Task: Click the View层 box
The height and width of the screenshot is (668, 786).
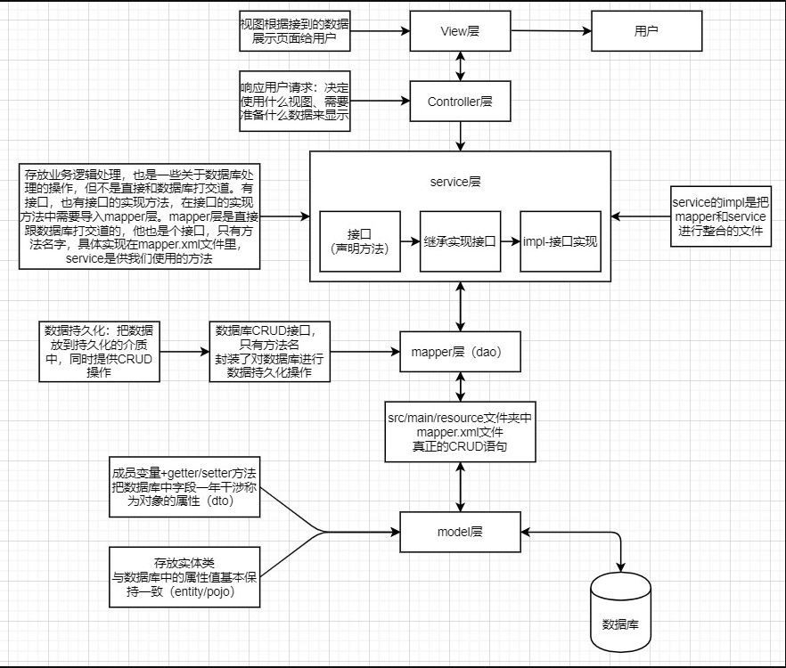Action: (x=460, y=31)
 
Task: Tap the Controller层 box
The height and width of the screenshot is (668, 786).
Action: (x=460, y=102)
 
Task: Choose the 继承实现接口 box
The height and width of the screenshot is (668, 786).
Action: (x=459, y=241)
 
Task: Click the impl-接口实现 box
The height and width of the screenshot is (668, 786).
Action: (x=561, y=241)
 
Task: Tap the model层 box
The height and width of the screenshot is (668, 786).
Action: (x=460, y=532)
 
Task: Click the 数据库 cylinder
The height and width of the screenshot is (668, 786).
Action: (x=621, y=614)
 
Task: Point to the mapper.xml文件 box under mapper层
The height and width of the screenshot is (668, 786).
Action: (x=460, y=431)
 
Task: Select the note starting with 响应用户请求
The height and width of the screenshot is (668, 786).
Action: (x=294, y=102)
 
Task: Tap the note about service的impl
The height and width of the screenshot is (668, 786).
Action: (x=720, y=216)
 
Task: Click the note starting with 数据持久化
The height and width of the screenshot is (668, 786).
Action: (x=98, y=352)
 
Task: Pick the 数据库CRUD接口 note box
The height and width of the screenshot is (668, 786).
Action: (x=269, y=352)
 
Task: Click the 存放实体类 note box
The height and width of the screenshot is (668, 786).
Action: (x=184, y=577)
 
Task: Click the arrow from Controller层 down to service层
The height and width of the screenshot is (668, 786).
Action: (x=460, y=136)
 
